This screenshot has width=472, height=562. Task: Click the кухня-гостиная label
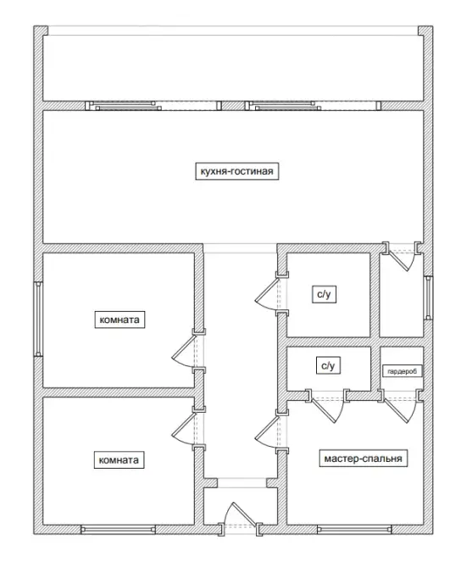(237, 171)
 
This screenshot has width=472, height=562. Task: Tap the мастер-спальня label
(363, 459)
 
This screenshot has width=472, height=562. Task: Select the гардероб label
(403, 371)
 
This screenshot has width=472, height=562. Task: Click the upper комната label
(119, 320)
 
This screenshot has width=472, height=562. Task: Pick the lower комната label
(119, 459)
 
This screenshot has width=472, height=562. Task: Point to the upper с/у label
(324, 295)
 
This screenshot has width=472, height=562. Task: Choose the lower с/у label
(328, 365)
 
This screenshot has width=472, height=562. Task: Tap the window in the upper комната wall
(38, 319)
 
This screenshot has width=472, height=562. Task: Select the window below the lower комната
(119, 530)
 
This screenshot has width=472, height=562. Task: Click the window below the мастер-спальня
(354, 530)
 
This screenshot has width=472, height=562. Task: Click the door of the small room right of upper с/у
(402, 256)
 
